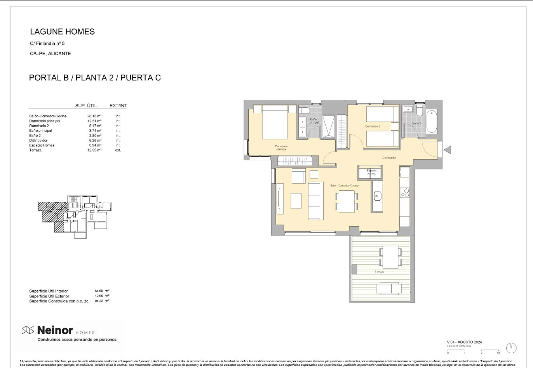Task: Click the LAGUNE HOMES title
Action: click(x=62, y=32)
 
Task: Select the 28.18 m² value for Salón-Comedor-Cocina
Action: click(x=94, y=116)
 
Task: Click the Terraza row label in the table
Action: click(x=35, y=150)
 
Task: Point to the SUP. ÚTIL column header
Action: click(x=86, y=106)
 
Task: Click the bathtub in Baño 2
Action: click(x=431, y=122)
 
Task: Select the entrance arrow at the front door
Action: click(x=448, y=150)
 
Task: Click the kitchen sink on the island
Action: click(x=377, y=196)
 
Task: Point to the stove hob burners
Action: click(x=405, y=193)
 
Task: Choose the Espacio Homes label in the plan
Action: click(x=371, y=172)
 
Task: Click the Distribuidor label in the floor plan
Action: click(x=389, y=158)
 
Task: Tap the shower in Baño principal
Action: click(x=328, y=127)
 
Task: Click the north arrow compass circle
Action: click(x=511, y=348)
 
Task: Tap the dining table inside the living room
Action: click(x=347, y=201)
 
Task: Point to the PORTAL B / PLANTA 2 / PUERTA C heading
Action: click(x=95, y=78)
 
